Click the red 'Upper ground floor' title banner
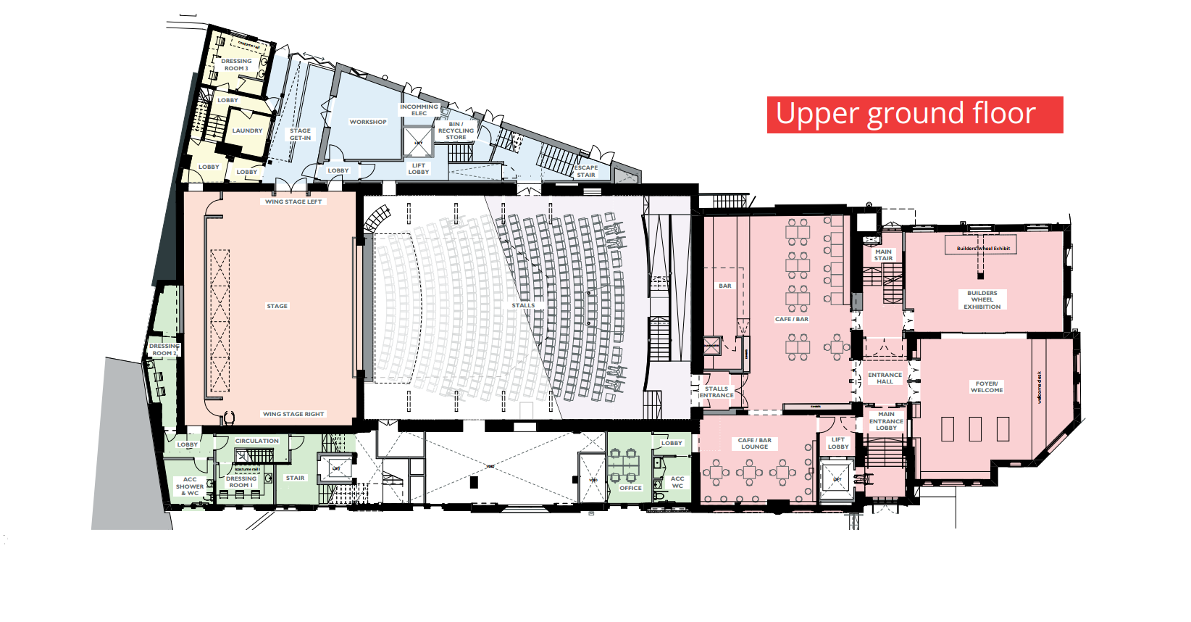coord(914,115)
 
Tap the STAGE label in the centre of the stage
coord(277,306)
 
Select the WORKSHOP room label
coord(368,122)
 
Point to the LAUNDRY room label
coord(247,131)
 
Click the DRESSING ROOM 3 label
coord(236,65)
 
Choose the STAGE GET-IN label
coord(300,134)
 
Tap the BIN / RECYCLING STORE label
coord(456,130)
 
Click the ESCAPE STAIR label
coord(585,171)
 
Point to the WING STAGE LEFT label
coord(293,202)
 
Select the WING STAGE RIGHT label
coord(293,414)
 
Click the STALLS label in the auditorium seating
coord(523,305)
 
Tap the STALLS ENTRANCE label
coord(716,392)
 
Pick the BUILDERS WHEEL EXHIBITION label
coord(982,300)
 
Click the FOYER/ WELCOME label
coord(987,387)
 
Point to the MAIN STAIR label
coord(883,255)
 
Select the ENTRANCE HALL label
coord(885,378)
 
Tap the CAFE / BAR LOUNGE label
coord(755,444)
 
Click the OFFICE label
coord(630,488)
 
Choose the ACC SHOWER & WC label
coord(190,486)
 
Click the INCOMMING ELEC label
coord(419,109)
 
